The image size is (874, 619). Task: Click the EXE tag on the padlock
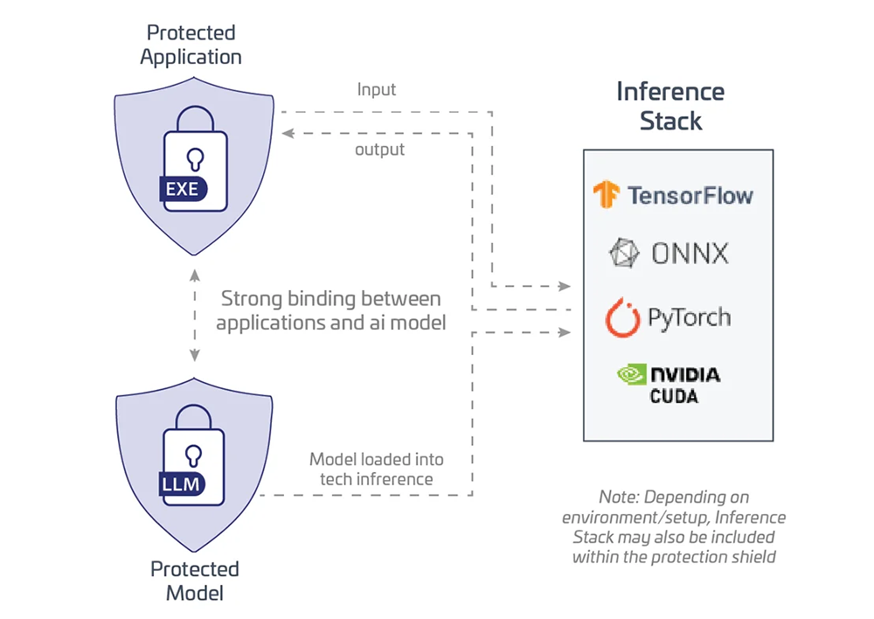tap(182, 189)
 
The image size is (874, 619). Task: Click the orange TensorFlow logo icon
tap(606, 194)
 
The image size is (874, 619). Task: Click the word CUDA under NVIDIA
tap(673, 396)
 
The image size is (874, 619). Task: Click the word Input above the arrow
tap(377, 89)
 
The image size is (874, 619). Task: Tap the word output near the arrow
tap(379, 150)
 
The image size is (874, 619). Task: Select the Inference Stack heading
tap(670, 105)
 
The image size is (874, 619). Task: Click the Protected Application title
tap(191, 45)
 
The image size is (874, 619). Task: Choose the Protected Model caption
tap(194, 581)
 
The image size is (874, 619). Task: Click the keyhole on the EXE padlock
tap(195, 157)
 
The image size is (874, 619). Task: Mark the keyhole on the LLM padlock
tap(195, 453)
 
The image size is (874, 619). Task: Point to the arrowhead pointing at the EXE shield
tap(285, 133)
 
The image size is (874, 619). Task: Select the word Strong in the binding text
tap(251, 298)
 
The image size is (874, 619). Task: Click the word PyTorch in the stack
tap(689, 317)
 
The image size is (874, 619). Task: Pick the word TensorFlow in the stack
tap(690, 194)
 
